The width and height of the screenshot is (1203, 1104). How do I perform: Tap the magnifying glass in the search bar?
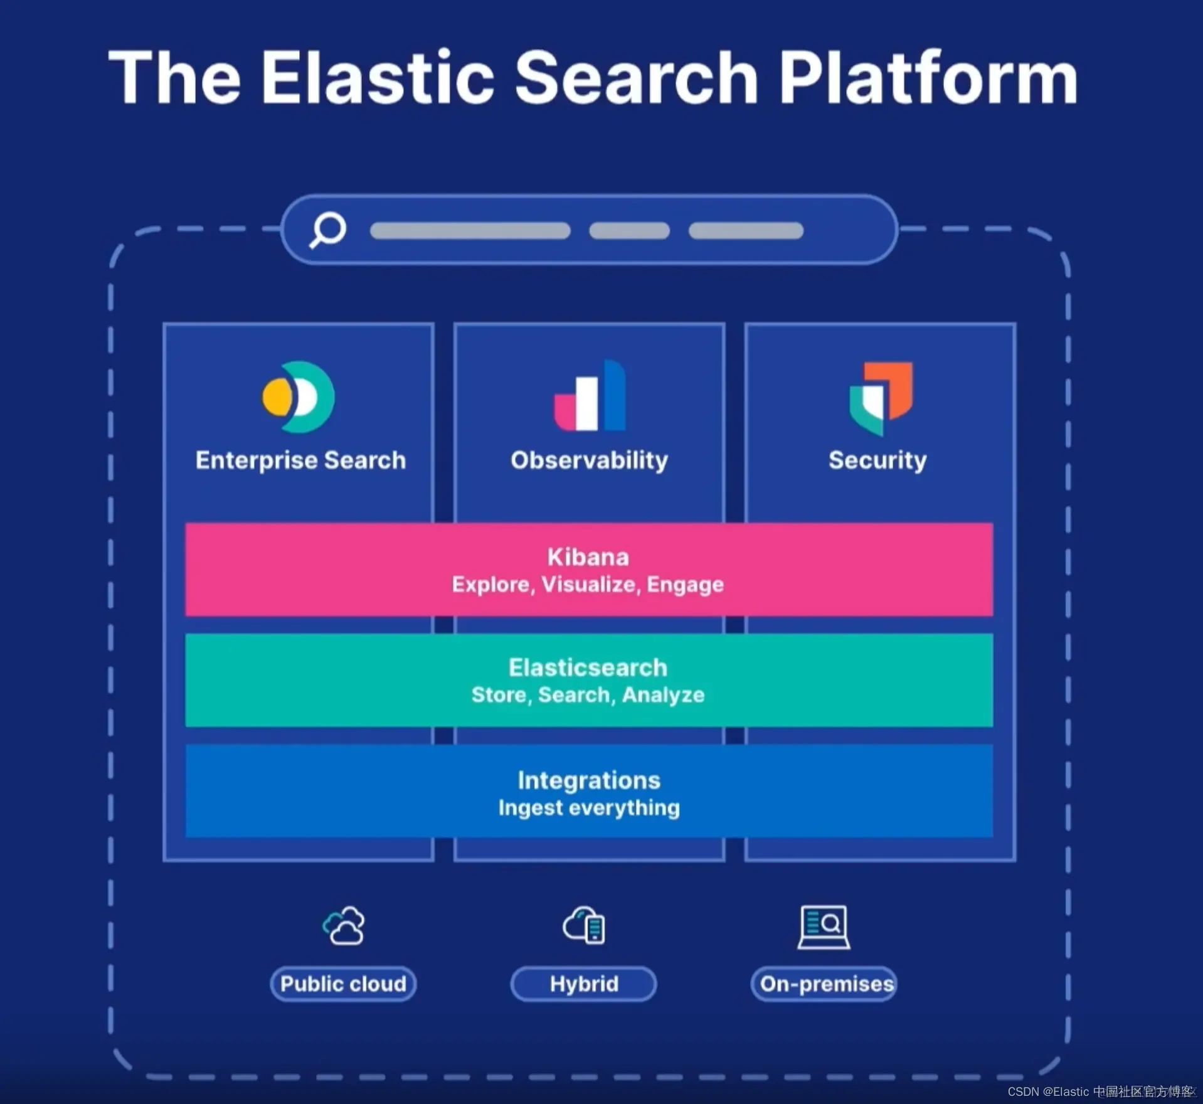click(x=327, y=230)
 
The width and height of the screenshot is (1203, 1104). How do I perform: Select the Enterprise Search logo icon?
click(x=299, y=397)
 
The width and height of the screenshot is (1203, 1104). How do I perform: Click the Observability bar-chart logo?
click(x=590, y=396)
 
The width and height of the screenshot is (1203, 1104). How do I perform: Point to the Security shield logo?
click(x=881, y=398)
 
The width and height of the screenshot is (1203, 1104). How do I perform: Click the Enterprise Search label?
click(x=300, y=460)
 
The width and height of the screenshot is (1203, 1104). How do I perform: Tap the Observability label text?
click(x=589, y=460)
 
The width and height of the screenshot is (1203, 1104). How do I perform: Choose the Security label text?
click(x=877, y=460)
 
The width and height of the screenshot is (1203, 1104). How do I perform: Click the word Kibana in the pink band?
click(x=588, y=557)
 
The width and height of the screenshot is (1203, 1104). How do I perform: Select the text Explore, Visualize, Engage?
click(x=588, y=585)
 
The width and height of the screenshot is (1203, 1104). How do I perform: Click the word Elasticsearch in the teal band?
click(x=588, y=667)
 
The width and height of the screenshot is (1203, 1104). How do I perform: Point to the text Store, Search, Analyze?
click(x=588, y=695)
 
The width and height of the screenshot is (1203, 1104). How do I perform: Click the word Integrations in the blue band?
click(x=589, y=780)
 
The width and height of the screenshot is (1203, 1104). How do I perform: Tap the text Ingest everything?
click(x=589, y=808)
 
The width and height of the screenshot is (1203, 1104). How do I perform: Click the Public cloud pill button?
click(x=343, y=984)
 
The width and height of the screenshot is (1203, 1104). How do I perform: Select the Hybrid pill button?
click(x=584, y=984)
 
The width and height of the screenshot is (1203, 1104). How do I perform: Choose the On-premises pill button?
click(x=825, y=984)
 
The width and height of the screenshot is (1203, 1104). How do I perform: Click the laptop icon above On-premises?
click(x=824, y=926)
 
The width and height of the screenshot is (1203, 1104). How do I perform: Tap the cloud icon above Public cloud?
click(x=344, y=926)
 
